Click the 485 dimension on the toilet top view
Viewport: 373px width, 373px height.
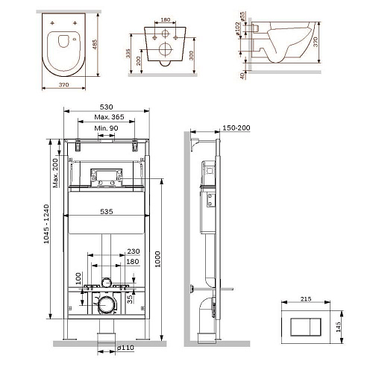click(x=95, y=44)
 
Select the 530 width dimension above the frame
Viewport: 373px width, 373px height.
click(x=107, y=107)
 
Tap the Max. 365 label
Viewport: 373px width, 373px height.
click(x=109, y=117)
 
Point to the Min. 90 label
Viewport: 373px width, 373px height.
click(x=106, y=128)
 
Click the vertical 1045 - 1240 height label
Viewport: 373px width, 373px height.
click(x=46, y=224)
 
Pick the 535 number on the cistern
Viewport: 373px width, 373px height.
click(x=107, y=211)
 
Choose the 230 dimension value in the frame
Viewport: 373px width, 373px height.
click(x=134, y=251)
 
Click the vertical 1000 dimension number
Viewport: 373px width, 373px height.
click(x=157, y=259)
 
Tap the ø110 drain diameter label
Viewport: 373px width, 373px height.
click(x=125, y=348)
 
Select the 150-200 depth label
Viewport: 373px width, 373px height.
click(x=236, y=128)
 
